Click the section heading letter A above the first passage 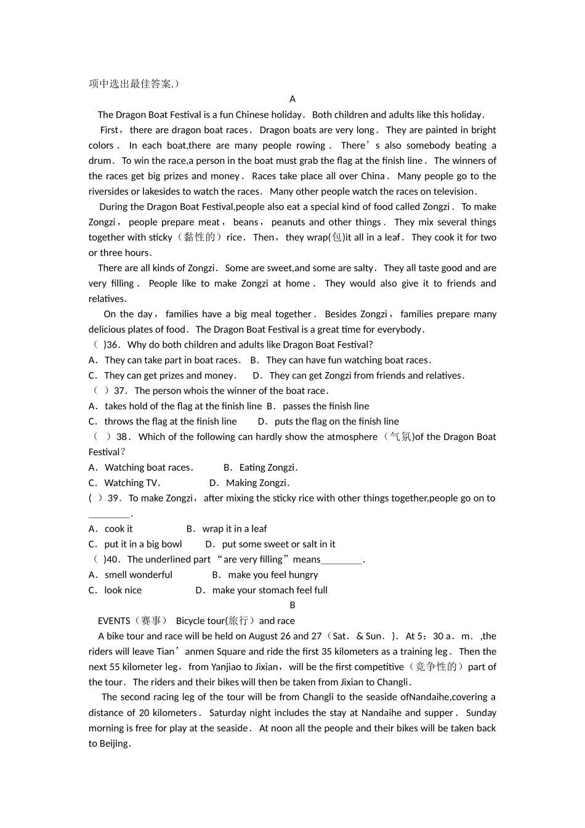292,99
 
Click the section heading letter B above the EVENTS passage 292,606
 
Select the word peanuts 288,222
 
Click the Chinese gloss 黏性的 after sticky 200,238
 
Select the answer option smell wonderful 139,575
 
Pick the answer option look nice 123,591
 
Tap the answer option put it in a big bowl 143,545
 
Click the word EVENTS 114,622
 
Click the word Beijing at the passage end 113,744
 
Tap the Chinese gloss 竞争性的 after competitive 435,667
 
